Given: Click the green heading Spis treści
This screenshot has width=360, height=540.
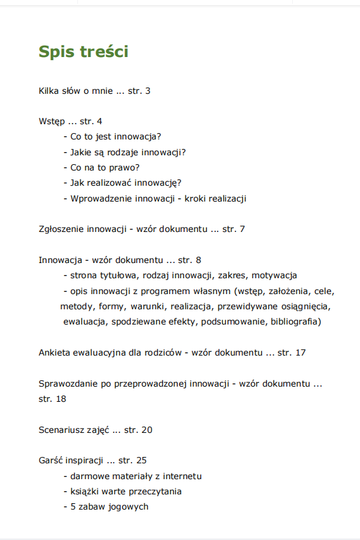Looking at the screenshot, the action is point(83,51).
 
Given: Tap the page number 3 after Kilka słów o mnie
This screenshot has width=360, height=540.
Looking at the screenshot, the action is point(148,91).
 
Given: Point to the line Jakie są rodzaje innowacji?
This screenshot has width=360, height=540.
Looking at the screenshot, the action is point(128,152).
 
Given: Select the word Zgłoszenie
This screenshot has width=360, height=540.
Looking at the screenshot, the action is point(61,229).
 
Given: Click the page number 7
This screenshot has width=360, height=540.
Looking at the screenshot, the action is point(243,229).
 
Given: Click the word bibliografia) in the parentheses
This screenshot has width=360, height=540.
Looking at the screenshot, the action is point(296,322).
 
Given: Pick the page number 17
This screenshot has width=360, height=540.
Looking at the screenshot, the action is point(300,352).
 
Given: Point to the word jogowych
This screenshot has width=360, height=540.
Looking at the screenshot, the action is point(127,506).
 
